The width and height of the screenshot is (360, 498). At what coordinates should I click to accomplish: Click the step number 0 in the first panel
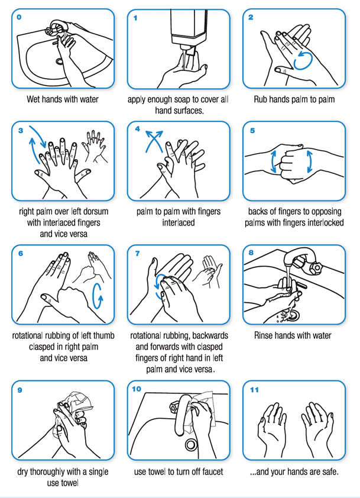(x=19, y=17)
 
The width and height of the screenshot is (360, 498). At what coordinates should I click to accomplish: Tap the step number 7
(x=138, y=254)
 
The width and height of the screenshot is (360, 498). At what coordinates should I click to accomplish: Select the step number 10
(x=137, y=389)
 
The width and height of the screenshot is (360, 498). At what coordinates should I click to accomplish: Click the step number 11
(x=254, y=390)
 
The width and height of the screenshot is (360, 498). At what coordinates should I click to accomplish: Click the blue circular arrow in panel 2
(x=303, y=61)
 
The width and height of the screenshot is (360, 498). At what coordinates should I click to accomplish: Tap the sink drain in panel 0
(x=60, y=61)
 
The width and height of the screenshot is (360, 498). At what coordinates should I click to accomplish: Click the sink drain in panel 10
(x=191, y=445)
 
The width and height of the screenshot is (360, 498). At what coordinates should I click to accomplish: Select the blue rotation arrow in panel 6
(x=98, y=296)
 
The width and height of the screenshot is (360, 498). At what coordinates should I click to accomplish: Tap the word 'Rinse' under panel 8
(x=263, y=336)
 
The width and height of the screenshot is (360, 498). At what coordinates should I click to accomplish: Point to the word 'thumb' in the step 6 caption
(x=103, y=336)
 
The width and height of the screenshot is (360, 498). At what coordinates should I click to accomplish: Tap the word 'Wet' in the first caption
(x=33, y=99)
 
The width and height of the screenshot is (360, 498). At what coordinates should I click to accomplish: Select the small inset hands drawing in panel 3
(x=95, y=146)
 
